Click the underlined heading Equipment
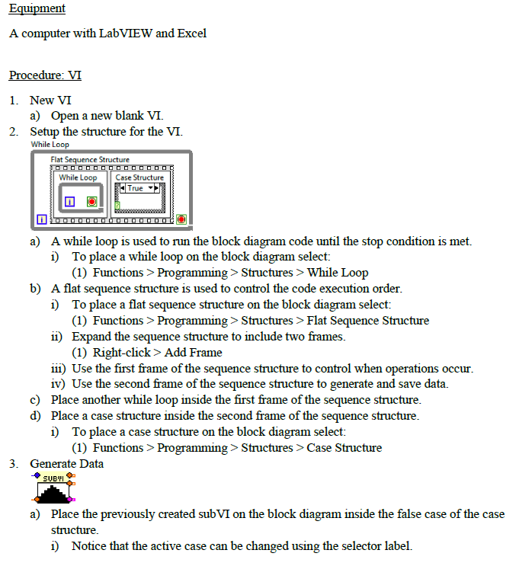37,8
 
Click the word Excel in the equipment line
191,34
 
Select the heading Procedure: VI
45,75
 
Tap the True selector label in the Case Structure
135,188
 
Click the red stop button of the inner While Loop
91,202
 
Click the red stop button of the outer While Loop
181,219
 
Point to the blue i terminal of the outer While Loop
41,219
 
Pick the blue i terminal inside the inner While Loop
69,202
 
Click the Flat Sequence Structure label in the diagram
90,159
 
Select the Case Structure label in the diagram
139,177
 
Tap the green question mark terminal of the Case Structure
117,205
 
